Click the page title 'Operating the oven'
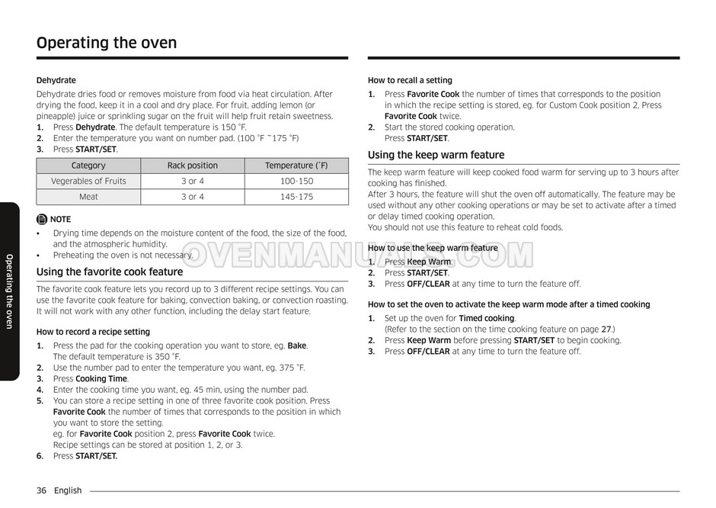point(107,43)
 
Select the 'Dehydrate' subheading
point(56,80)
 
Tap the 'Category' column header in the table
point(88,166)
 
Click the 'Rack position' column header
point(192,166)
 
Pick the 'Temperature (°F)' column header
point(296,166)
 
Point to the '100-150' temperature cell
point(296,182)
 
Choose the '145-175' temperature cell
point(296,197)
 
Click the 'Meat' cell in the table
point(88,197)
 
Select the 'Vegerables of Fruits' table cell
point(88,182)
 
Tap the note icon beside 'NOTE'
point(42,219)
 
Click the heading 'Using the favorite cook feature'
point(110,272)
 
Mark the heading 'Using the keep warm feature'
point(436,155)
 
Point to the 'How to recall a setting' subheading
point(410,80)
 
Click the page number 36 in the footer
point(42,490)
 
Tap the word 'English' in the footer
point(68,490)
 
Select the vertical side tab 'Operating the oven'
point(9,291)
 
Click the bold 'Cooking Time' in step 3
point(101,379)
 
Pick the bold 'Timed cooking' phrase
point(487,318)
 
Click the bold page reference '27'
point(606,330)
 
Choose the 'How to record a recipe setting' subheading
point(93,332)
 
